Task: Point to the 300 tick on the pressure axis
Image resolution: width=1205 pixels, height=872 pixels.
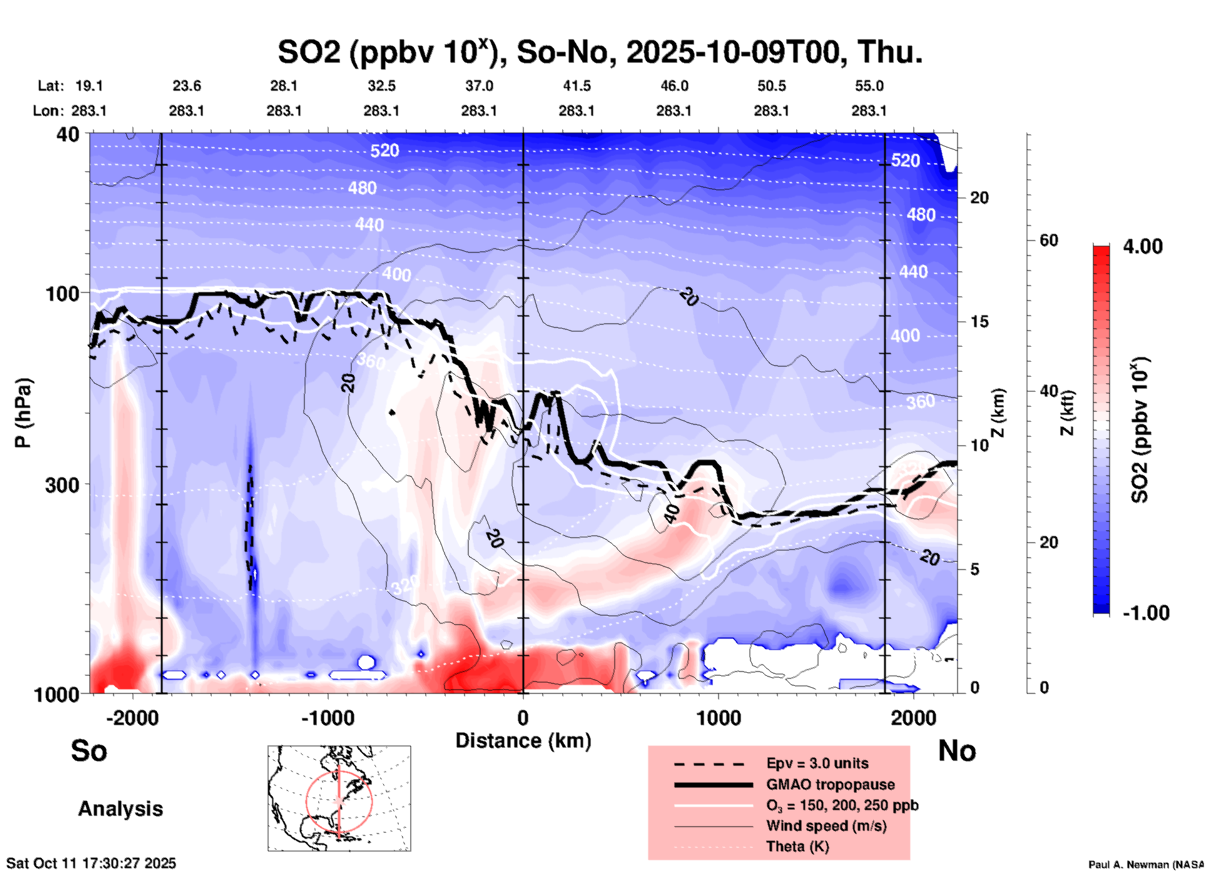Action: (x=63, y=485)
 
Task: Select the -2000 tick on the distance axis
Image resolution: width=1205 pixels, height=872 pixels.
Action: (x=132, y=718)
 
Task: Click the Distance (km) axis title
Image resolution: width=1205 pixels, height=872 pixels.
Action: (x=523, y=741)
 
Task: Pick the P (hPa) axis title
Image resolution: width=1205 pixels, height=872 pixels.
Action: (x=23, y=413)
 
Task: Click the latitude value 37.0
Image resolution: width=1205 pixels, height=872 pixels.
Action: (x=479, y=86)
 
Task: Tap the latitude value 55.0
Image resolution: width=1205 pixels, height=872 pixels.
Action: (x=869, y=86)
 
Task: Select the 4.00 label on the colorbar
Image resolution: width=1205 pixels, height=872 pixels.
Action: (x=1142, y=246)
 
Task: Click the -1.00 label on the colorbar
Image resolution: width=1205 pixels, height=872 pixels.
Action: (x=1146, y=612)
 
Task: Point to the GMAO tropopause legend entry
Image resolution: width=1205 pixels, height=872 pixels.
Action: (x=830, y=784)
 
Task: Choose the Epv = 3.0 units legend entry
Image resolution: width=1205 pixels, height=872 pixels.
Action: (x=817, y=763)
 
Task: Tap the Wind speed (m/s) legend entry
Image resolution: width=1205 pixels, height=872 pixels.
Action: (x=826, y=826)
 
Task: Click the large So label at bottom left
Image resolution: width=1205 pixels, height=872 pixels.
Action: (x=89, y=751)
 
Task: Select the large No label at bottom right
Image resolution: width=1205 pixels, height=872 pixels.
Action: (x=957, y=751)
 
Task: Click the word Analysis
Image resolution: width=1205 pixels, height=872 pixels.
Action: (x=120, y=809)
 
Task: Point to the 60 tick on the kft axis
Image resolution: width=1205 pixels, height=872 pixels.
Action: (x=1049, y=240)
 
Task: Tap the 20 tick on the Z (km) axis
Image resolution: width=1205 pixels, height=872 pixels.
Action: (x=979, y=198)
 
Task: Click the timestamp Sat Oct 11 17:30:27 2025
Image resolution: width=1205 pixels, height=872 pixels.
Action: (x=91, y=863)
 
